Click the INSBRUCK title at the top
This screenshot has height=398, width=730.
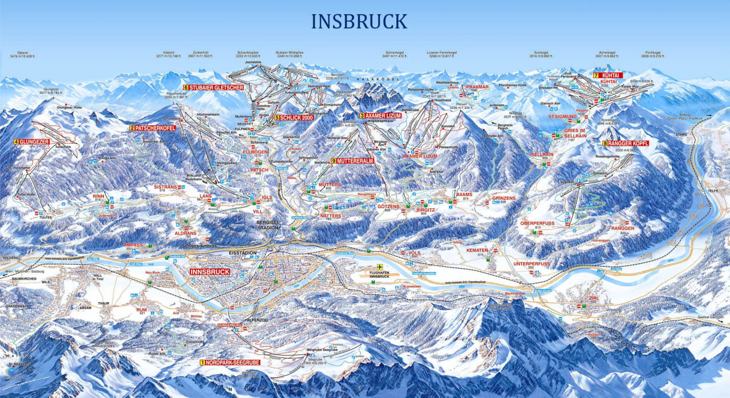point(359,21)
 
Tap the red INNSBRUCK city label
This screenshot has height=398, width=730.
point(210,272)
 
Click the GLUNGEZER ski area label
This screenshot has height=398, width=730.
point(31,141)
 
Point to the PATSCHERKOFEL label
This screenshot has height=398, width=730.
point(152,128)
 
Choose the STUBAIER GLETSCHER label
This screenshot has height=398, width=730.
point(214,88)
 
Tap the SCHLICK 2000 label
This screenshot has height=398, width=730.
point(294,117)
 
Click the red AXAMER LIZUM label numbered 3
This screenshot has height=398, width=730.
point(380,116)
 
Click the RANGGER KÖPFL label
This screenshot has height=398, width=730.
point(626,143)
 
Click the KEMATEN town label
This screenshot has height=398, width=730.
point(477,250)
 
